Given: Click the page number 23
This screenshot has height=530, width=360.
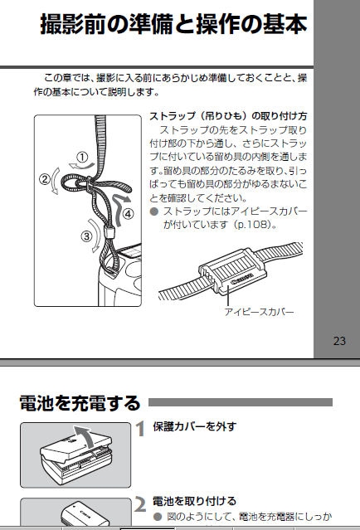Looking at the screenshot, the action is click(339, 341).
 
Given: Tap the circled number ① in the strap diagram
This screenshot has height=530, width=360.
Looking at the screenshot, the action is click(82, 157).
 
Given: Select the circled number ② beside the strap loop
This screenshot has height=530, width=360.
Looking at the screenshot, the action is click(45, 179).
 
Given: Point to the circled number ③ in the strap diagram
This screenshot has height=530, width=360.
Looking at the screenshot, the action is click(87, 236).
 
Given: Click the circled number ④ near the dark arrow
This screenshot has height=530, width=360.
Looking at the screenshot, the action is click(128, 214).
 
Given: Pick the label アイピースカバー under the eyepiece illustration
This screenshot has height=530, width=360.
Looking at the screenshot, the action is click(260, 312).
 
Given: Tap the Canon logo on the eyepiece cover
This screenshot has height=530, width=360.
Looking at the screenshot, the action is click(242, 280).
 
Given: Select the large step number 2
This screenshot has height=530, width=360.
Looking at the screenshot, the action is click(140, 504).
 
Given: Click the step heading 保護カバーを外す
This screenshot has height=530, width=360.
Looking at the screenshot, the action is click(194, 426).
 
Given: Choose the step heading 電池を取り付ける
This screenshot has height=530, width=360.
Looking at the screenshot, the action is click(194, 501).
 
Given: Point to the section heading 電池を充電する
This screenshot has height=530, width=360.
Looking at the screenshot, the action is click(80, 403).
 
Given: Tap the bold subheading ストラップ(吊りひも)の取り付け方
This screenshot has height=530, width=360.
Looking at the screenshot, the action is click(228, 116).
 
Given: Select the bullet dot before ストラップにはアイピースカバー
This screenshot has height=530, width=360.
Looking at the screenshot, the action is click(154, 212).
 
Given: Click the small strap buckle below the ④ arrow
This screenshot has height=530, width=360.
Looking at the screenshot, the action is click(109, 232).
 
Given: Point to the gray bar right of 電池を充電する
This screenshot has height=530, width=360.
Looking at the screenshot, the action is click(241, 402).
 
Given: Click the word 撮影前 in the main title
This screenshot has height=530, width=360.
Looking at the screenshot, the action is click(73, 24).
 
